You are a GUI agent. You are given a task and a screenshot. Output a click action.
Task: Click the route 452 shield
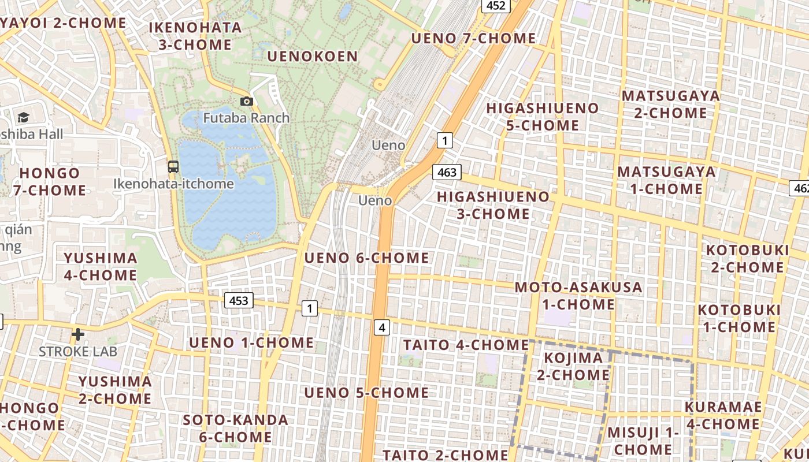point(496,6)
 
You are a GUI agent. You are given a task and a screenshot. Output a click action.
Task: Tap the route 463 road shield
point(447,172)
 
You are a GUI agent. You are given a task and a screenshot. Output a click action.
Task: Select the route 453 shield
point(239,300)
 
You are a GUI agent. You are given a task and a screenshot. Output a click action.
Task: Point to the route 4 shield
point(382,328)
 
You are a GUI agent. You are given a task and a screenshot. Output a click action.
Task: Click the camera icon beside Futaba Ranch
point(247,102)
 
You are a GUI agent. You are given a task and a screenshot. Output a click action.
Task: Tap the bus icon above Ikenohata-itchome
point(173,167)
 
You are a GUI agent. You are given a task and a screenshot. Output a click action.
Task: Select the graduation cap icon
point(23,118)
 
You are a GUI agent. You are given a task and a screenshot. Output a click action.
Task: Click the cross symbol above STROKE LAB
point(78,334)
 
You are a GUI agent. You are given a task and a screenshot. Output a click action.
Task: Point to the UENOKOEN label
point(313,57)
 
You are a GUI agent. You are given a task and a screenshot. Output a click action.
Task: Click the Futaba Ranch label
point(246,118)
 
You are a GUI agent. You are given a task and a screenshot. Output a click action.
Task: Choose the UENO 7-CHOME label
point(473,39)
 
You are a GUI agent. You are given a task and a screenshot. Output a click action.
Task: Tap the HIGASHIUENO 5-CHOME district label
point(542,117)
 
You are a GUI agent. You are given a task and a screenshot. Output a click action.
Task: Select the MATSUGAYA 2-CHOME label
point(670,104)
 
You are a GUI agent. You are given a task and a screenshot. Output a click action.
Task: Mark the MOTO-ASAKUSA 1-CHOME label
point(578,296)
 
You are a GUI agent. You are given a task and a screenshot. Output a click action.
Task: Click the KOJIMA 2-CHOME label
point(573,366)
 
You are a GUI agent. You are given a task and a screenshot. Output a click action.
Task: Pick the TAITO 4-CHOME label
point(466,345)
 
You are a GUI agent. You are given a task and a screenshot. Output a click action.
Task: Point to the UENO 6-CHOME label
point(366,258)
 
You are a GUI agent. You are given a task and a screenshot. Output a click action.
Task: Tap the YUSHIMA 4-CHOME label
point(101,266)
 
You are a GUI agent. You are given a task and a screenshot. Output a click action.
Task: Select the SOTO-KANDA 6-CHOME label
point(235,428)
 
